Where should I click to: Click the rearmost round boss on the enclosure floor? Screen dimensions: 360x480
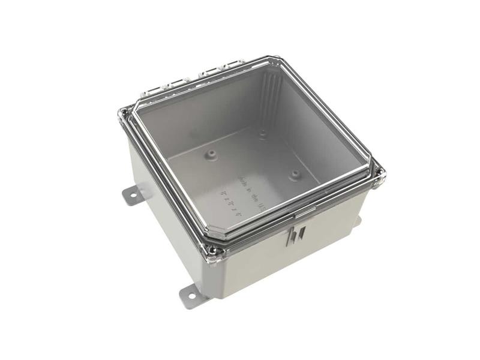(263, 134)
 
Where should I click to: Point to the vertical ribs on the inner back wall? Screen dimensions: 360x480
(271, 96)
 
